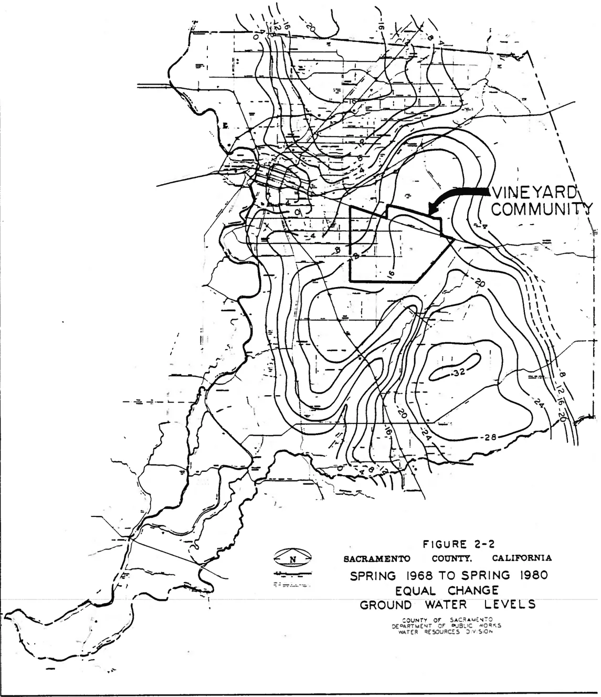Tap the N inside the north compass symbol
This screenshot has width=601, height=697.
click(x=293, y=559)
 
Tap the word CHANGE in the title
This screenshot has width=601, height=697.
click(x=473, y=589)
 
